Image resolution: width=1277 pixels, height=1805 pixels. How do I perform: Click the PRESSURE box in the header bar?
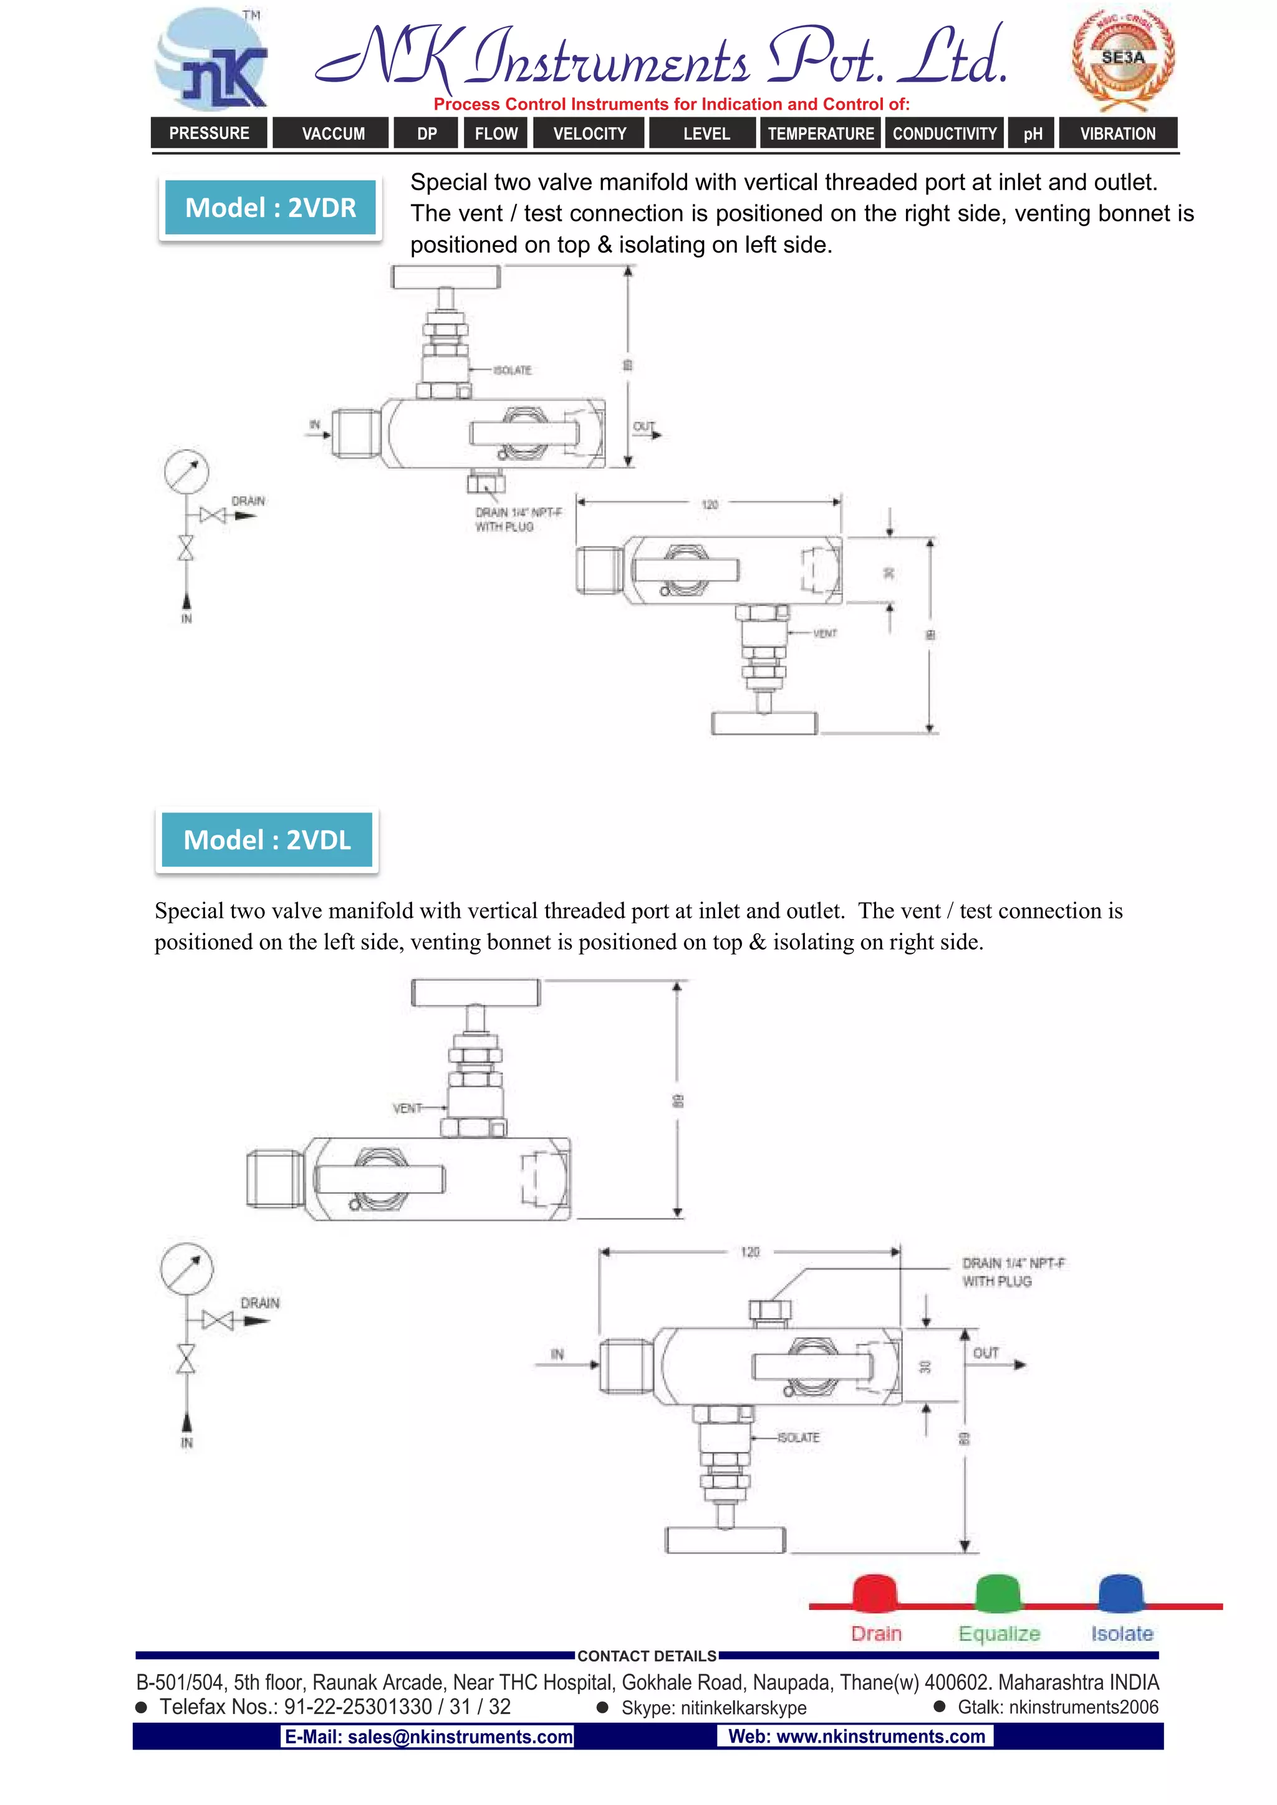(x=209, y=133)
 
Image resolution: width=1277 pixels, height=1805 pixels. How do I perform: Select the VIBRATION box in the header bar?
(x=1117, y=133)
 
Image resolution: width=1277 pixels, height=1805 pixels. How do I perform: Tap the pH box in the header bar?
(x=1033, y=133)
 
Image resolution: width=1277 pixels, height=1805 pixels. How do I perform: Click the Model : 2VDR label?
(x=271, y=208)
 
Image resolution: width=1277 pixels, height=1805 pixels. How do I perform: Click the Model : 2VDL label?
(x=267, y=840)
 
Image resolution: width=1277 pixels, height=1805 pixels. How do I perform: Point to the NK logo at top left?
(x=213, y=61)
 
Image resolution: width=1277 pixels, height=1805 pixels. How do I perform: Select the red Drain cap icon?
(x=874, y=1592)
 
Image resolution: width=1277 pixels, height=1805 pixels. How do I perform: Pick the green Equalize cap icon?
(x=997, y=1592)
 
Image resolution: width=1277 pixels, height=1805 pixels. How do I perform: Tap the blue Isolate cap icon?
(x=1120, y=1592)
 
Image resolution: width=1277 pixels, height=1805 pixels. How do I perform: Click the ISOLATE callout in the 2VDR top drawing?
(x=513, y=370)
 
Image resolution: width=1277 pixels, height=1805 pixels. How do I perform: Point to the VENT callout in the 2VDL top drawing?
(x=407, y=1109)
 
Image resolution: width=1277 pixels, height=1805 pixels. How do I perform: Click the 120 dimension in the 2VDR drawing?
(x=709, y=504)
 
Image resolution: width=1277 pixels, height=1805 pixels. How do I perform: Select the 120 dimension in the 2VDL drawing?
(x=750, y=1251)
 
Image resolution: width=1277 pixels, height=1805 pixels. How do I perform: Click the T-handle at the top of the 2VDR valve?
(x=446, y=277)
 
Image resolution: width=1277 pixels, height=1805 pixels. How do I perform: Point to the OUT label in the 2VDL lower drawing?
(x=985, y=1353)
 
